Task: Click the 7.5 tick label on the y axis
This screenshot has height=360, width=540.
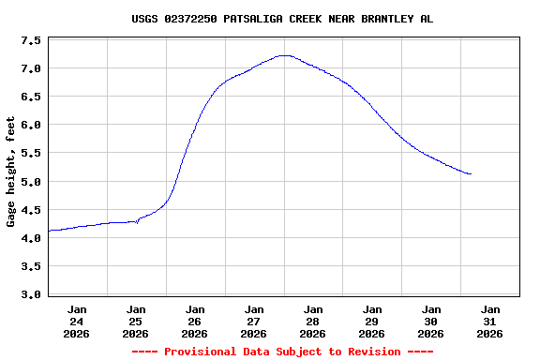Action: click(30, 41)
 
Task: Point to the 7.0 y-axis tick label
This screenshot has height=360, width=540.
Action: click(30, 69)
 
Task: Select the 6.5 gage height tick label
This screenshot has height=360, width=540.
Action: click(30, 97)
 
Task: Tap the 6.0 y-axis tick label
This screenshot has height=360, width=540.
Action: click(30, 126)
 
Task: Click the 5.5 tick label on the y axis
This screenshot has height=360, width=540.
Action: click(30, 154)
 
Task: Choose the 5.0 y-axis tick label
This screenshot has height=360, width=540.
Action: click(30, 182)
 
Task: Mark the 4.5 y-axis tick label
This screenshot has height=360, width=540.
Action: click(30, 210)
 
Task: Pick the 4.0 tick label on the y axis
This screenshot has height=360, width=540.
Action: click(30, 238)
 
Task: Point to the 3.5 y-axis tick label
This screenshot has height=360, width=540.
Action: click(30, 266)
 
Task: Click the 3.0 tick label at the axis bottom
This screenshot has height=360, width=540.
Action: click(30, 294)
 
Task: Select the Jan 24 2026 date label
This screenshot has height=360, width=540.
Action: click(77, 321)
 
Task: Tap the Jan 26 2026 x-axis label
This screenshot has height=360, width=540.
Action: click(195, 321)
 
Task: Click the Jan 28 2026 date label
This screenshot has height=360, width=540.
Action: click(313, 321)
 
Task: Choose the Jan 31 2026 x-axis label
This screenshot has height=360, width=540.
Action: click(490, 321)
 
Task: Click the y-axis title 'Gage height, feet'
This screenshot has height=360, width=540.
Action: click(11, 172)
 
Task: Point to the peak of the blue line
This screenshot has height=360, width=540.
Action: click(284, 55)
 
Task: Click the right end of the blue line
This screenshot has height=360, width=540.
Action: click(471, 174)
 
